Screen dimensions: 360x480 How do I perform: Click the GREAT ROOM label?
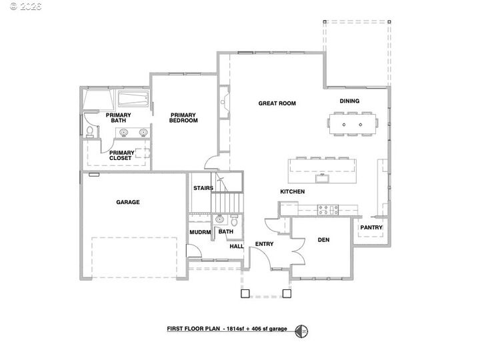tap(277, 103)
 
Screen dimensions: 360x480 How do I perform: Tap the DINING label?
tap(349, 101)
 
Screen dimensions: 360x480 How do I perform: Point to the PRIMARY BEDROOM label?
tap(182, 118)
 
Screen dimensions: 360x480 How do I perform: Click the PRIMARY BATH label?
tap(118, 118)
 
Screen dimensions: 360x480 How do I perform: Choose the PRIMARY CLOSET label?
tap(121, 155)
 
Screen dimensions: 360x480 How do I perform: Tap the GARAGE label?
tap(127, 202)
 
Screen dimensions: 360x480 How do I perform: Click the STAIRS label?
tap(203, 188)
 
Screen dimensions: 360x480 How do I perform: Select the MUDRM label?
tap(200, 232)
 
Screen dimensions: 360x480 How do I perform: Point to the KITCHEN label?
tap(292, 192)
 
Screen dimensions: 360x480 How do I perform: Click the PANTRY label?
tap(371, 227)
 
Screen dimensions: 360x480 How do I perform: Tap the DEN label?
tap(324, 239)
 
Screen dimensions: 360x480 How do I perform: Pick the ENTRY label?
tap(264, 244)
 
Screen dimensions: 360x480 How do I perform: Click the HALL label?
tap(236, 246)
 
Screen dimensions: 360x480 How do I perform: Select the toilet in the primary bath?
tap(89, 130)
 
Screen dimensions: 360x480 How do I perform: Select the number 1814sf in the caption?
tap(237, 329)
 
